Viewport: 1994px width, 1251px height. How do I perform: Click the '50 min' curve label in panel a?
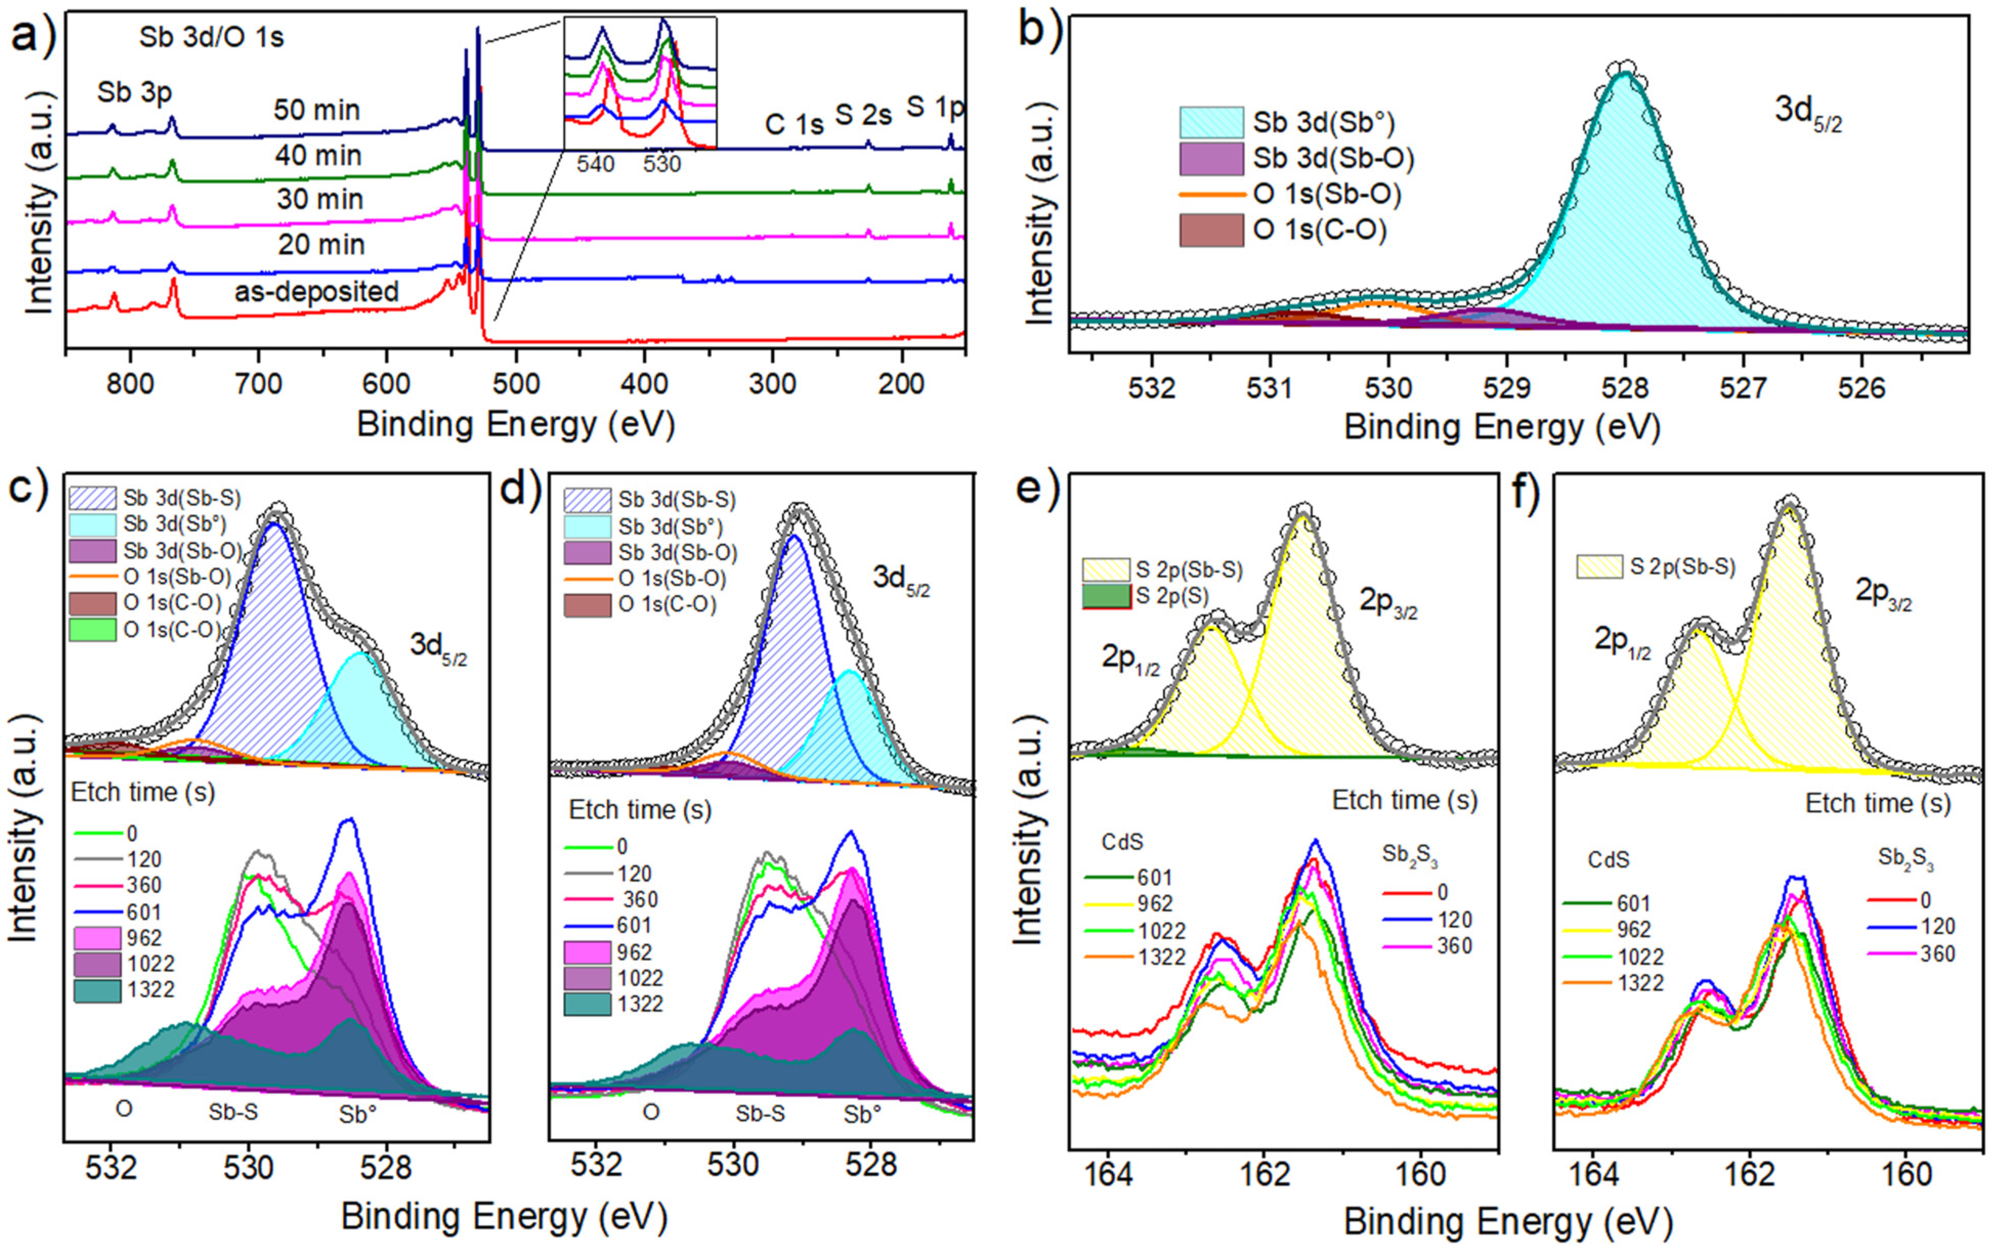[317, 110]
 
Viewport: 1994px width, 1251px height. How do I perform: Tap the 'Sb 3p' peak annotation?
[134, 92]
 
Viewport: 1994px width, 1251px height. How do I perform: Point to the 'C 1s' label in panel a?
[795, 124]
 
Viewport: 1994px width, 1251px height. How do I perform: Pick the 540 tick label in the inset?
[596, 164]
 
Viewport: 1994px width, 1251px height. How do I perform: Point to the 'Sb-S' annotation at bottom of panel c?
[233, 1112]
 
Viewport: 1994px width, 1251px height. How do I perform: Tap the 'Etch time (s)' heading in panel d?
[639, 809]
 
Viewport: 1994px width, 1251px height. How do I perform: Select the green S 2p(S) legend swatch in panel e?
[1106, 596]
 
